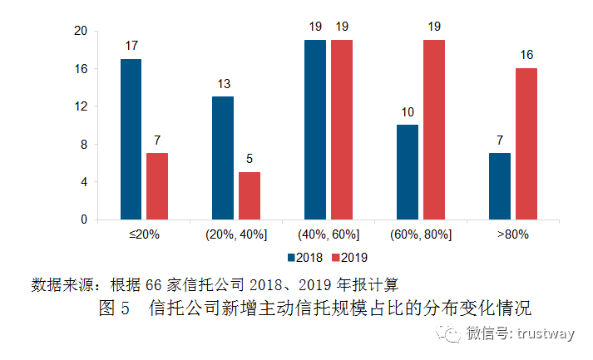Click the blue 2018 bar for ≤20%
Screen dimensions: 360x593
click(x=131, y=139)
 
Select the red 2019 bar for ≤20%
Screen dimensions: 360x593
click(x=157, y=186)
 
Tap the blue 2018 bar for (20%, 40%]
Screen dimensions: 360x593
click(x=223, y=158)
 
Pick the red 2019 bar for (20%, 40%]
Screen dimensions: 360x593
click(x=250, y=195)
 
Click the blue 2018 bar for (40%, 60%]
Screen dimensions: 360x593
click(x=315, y=130)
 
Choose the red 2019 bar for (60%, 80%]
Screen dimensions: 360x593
click(x=434, y=130)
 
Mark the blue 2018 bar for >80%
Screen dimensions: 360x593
click(x=500, y=186)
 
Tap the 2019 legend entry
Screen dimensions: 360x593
click(x=350, y=257)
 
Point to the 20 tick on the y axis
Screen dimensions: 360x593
click(x=81, y=31)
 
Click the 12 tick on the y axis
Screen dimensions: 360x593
click(x=81, y=106)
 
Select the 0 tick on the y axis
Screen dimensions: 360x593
click(x=84, y=219)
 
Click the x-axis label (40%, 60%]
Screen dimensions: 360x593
click(x=329, y=235)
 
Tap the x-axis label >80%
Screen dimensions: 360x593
click(x=513, y=235)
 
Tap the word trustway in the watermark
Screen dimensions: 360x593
click(x=546, y=335)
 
